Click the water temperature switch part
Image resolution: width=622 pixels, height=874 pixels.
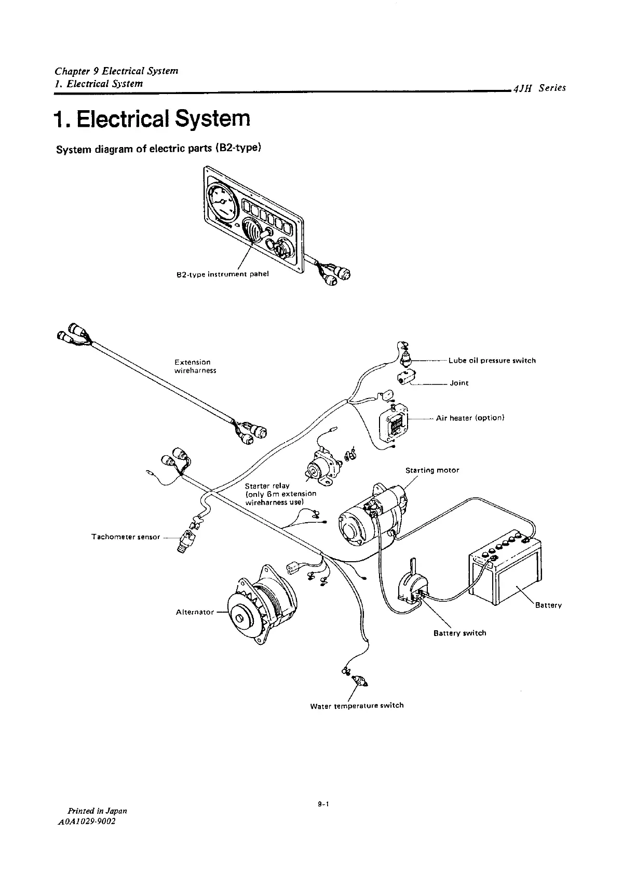click(x=358, y=680)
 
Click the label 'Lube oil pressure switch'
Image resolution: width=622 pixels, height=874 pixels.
click(x=492, y=361)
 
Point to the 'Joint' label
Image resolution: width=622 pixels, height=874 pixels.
click(x=459, y=383)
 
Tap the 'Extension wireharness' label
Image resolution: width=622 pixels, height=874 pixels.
click(x=195, y=366)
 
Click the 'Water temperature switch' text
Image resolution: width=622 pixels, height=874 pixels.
click(x=356, y=706)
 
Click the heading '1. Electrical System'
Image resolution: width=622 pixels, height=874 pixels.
click(x=152, y=119)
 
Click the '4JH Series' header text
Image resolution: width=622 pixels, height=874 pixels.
click(x=538, y=88)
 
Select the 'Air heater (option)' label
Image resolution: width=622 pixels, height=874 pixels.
click(x=470, y=418)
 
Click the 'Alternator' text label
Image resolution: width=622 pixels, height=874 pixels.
click(x=195, y=612)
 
